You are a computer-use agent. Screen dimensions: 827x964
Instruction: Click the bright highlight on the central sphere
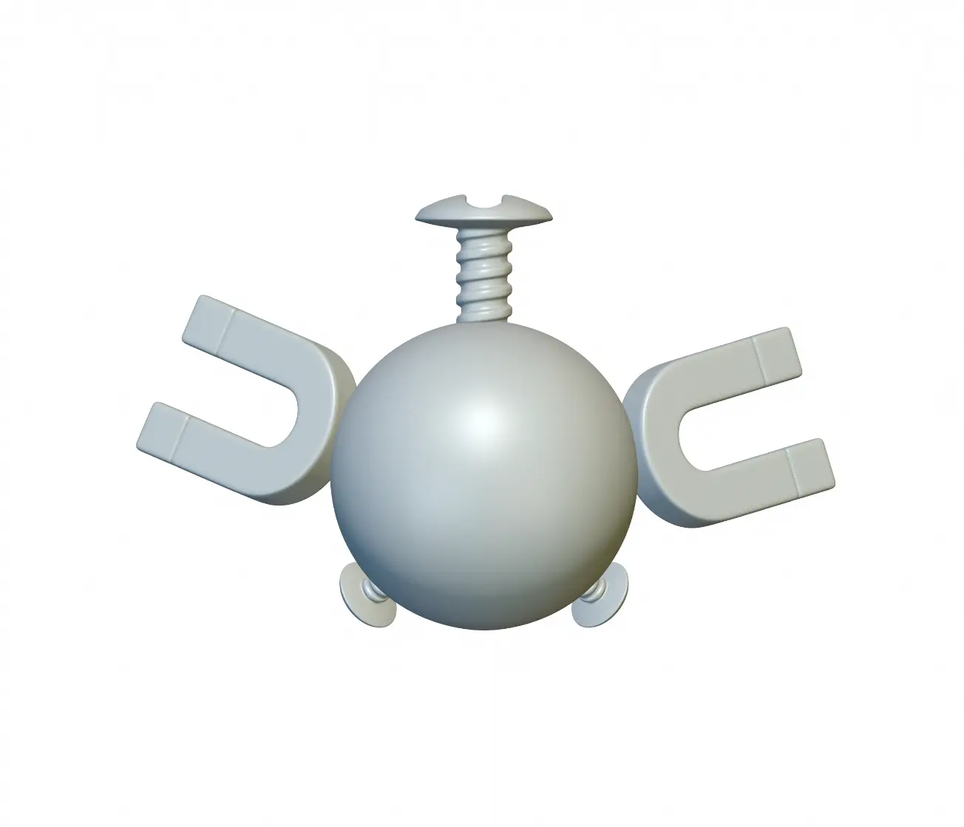[x=484, y=421]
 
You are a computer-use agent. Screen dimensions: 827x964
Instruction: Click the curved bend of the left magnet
[x=325, y=421]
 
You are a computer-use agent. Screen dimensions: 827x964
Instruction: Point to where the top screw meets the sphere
[x=484, y=322]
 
